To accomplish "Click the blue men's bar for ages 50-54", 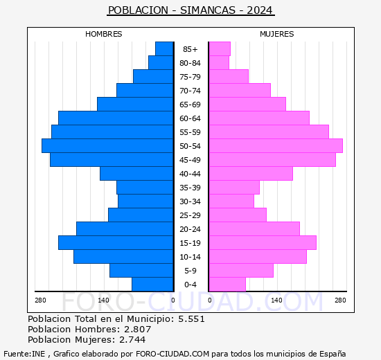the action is (107, 146).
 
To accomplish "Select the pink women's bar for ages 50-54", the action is (276, 146).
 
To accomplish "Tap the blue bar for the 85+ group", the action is (164, 49).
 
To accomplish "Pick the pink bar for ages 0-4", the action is (227, 285).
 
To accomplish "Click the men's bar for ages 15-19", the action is (116, 243).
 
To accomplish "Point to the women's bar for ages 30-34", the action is (231, 201).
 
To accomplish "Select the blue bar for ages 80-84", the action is (161, 63).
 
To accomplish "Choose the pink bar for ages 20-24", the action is (254, 229).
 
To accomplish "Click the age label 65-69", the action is (190, 105).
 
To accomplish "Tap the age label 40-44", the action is (190, 174).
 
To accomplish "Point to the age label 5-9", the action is (190, 271).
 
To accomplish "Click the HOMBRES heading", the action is (103, 34).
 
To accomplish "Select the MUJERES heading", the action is (277, 34).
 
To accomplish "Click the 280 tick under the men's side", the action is (40, 300).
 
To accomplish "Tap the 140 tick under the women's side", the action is (276, 300).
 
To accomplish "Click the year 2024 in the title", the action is (260, 10).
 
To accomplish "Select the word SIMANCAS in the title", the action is (208, 10).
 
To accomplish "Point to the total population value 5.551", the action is (191, 318).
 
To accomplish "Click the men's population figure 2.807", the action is (138, 329).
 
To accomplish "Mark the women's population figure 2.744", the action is (132, 340).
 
